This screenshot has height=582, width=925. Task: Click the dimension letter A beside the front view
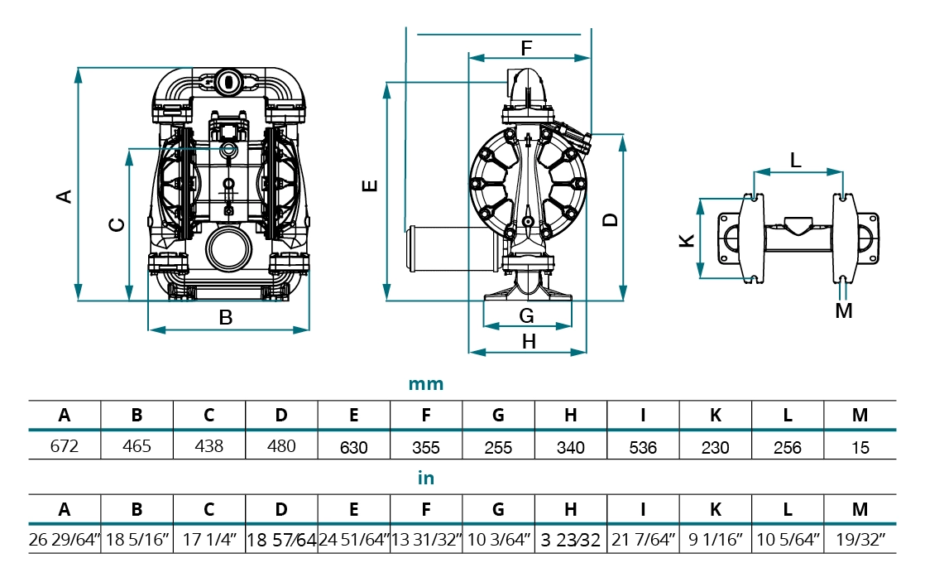point(64,196)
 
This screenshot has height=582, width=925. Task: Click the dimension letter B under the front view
point(225,316)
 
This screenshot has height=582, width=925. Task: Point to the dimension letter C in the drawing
point(117,224)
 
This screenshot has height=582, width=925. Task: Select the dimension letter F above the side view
point(527,47)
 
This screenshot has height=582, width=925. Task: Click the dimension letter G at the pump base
point(527,315)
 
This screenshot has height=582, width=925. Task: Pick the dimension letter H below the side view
point(529,340)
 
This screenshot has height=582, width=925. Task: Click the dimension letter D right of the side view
point(610,219)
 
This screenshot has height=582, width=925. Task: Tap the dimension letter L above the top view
point(795,161)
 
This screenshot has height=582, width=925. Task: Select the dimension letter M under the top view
point(843,310)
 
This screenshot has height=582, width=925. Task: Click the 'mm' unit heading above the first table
point(426,384)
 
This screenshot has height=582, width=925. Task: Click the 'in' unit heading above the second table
point(426,479)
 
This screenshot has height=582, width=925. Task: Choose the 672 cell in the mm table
point(65,446)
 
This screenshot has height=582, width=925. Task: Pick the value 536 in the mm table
point(643,447)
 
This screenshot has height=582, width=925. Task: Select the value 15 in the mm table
point(860,447)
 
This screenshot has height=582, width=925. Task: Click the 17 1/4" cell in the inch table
point(209,540)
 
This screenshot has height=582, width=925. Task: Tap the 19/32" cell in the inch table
point(860,540)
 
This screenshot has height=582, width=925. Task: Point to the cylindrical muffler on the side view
point(439,248)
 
